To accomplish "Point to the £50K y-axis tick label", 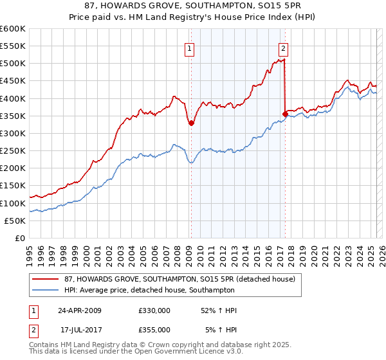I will coord(15,221).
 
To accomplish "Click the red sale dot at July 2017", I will coord(285,114).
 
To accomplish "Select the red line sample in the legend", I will coord(46,279).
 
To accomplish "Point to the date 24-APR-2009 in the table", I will coord(80,310).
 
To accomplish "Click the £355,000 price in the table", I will coord(154,329).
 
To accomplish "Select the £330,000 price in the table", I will coord(154,310).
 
